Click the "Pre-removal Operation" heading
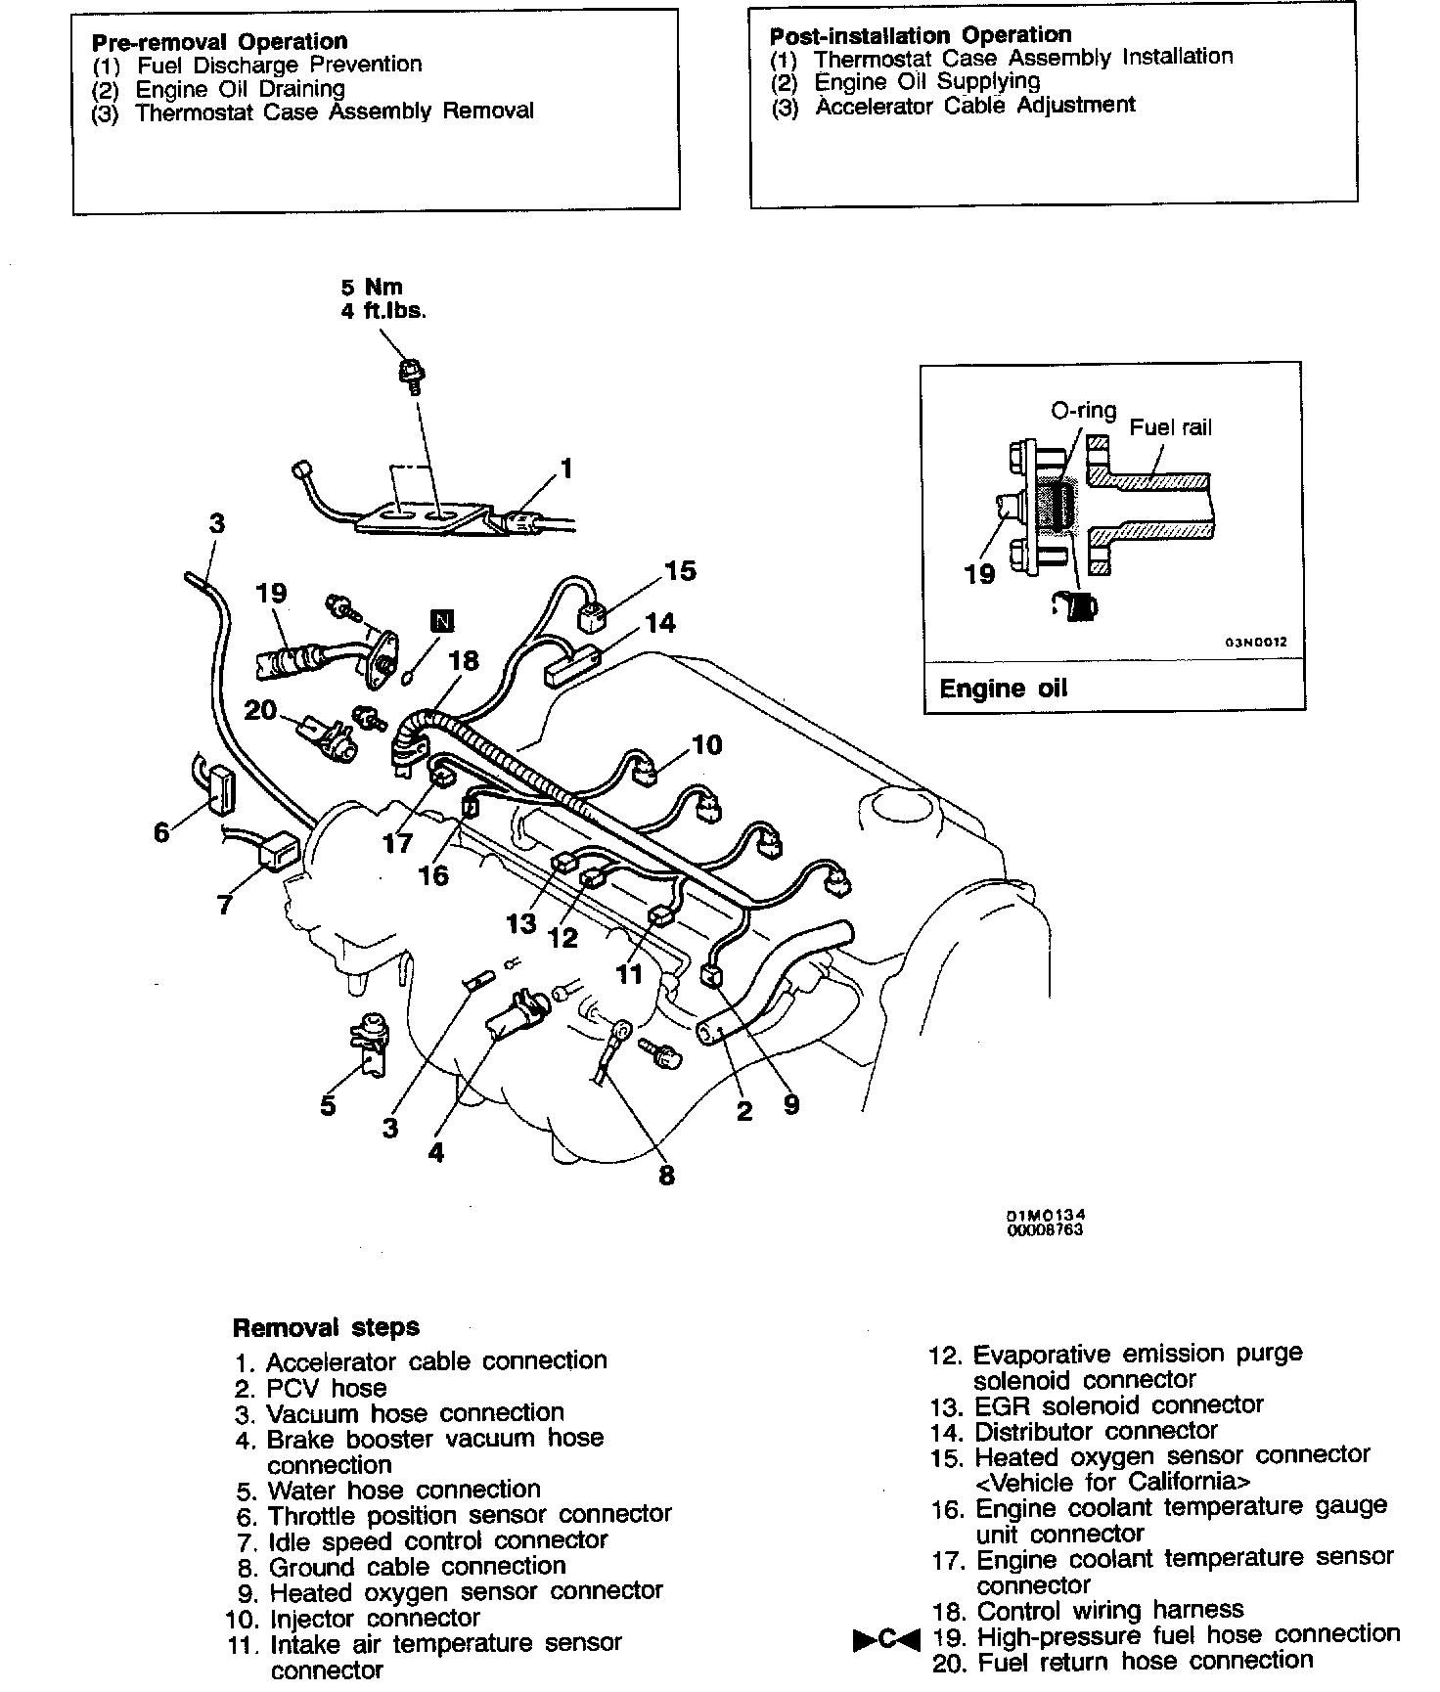pos(219,42)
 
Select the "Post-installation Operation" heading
pos(921,35)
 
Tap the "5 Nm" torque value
pos(372,287)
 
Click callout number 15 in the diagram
pos(680,571)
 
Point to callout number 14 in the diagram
pos(660,623)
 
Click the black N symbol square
pos(442,621)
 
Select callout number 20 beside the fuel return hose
pos(260,709)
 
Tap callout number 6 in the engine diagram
pos(161,832)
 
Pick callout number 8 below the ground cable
pos(666,1175)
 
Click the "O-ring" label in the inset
pos(1083,411)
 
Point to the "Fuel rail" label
pos(1170,427)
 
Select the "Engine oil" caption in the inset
pos(1003,689)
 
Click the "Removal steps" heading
pos(326,1327)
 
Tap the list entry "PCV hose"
pos(326,1388)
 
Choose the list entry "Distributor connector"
pos(1096,1432)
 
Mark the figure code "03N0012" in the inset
pos(1257,644)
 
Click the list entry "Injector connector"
pos(375,1619)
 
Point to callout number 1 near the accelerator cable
pos(565,469)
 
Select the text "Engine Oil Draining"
pos(241,88)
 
